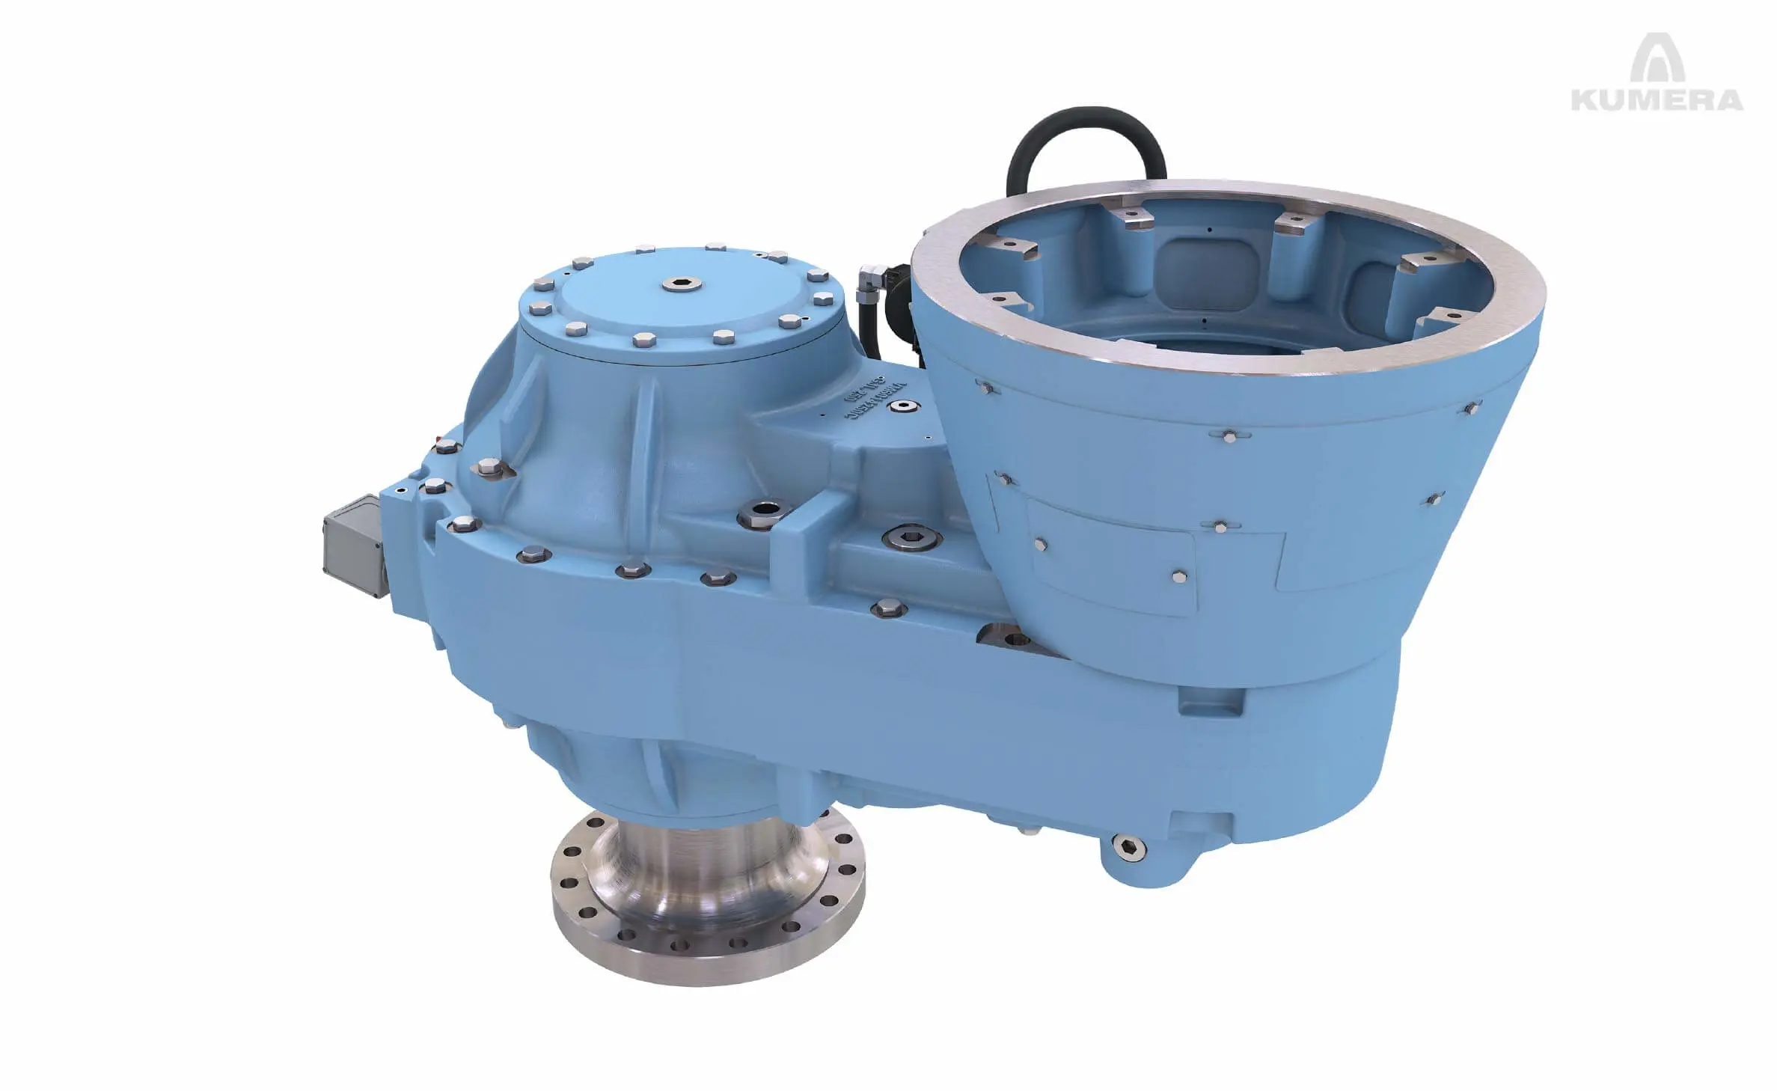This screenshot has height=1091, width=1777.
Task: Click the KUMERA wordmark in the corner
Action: point(1657,100)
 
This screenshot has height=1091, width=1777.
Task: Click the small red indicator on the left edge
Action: point(439,436)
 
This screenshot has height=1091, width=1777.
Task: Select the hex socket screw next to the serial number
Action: point(909,405)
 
